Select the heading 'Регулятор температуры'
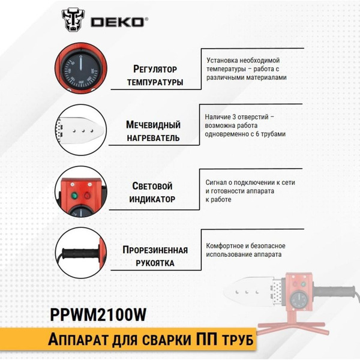tap(155, 75)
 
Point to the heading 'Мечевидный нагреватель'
tap(154, 131)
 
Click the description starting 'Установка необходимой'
tap(247, 69)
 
